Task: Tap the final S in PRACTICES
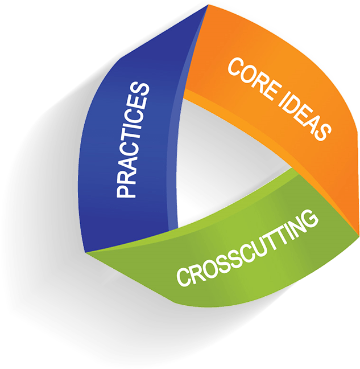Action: point(140,91)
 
